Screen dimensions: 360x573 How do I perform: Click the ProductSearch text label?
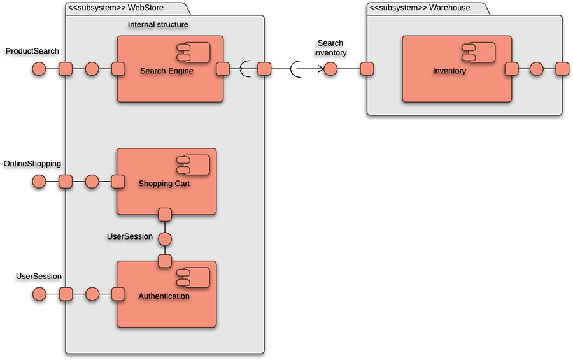(32, 50)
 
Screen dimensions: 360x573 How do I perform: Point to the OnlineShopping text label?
(32, 164)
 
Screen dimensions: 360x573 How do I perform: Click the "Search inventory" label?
(330, 48)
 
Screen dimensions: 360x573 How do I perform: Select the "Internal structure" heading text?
(158, 25)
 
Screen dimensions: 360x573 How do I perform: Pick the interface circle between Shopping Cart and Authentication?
(165, 240)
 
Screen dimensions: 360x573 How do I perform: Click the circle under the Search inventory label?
(330, 69)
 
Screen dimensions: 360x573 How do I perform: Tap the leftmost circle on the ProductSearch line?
(39, 69)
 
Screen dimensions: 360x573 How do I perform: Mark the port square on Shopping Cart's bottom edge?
(165, 214)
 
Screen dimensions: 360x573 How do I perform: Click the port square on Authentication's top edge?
(165, 261)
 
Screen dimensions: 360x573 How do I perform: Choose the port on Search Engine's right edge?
(223, 69)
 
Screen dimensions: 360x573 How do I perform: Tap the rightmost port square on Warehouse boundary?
(562, 69)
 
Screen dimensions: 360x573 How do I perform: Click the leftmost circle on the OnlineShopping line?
(39, 183)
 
